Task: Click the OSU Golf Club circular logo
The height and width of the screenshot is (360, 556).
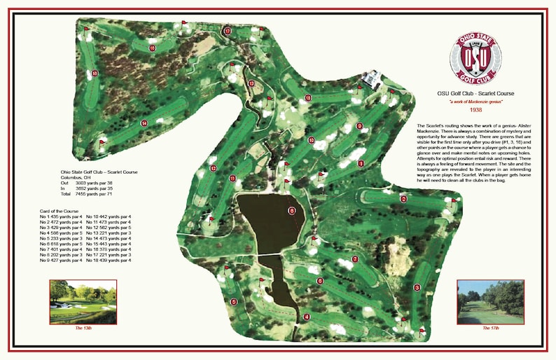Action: click(475, 57)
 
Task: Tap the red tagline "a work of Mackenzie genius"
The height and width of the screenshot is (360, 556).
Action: click(475, 102)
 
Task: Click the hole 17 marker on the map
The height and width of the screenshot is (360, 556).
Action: click(227, 31)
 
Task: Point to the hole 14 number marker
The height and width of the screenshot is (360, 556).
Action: click(144, 123)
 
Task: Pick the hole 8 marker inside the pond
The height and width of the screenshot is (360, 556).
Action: click(292, 210)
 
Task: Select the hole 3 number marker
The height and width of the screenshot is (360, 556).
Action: click(417, 287)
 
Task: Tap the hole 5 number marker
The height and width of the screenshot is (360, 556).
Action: click(234, 301)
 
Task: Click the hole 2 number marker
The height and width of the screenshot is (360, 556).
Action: click(403, 199)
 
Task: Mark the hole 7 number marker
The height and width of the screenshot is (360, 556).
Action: click(355, 259)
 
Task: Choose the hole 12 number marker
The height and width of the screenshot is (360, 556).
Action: click(212, 169)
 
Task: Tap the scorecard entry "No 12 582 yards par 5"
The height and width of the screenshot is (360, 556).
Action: click(109, 228)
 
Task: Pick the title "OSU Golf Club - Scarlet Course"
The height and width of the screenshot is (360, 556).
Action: click(475, 93)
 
